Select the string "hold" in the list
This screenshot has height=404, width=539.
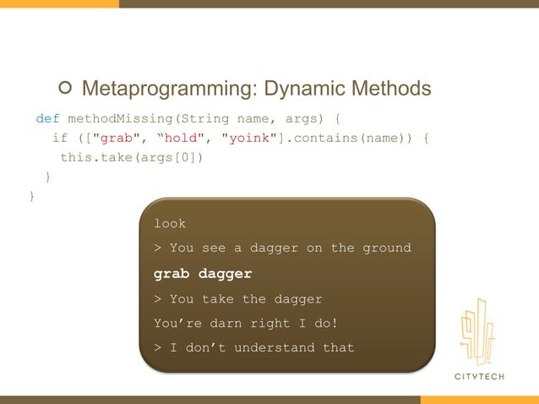point(182,138)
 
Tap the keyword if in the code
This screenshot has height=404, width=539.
point(59,138)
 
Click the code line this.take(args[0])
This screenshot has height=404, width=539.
point(131,157)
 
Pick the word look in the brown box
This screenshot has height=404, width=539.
point(169,223)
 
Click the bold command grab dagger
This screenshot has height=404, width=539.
point(203,274)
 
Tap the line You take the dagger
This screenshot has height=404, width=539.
point(237,298)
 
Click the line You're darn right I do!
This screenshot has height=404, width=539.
point(245,323)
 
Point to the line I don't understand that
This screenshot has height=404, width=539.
point(253,347)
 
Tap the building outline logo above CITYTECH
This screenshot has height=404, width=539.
point(477,331)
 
